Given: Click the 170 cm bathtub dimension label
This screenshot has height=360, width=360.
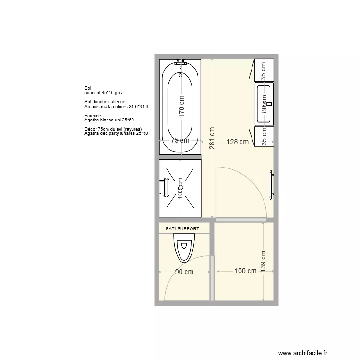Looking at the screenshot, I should coord(181,106).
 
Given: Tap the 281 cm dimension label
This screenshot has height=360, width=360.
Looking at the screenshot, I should coord(212,138).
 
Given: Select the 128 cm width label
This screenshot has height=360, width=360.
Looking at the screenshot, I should coord(238,142).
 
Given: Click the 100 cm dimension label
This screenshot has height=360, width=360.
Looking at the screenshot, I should coord(245,271).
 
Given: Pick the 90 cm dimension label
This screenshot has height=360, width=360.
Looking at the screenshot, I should coord(184,272).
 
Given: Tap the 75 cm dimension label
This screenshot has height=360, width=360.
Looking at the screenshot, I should coord(180,141).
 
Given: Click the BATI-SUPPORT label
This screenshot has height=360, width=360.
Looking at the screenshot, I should coord(182,229).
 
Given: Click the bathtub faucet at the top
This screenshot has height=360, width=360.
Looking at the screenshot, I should coord(181,62).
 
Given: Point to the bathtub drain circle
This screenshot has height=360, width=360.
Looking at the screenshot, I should coord(180,75).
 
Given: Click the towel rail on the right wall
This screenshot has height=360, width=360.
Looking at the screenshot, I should coord(271,184).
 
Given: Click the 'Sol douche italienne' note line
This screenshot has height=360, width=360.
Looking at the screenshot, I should coord(105,102).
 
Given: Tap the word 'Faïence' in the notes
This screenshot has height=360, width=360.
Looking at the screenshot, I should coord(93,116).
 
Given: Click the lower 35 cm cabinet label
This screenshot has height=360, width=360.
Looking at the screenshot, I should coord(263,136).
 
